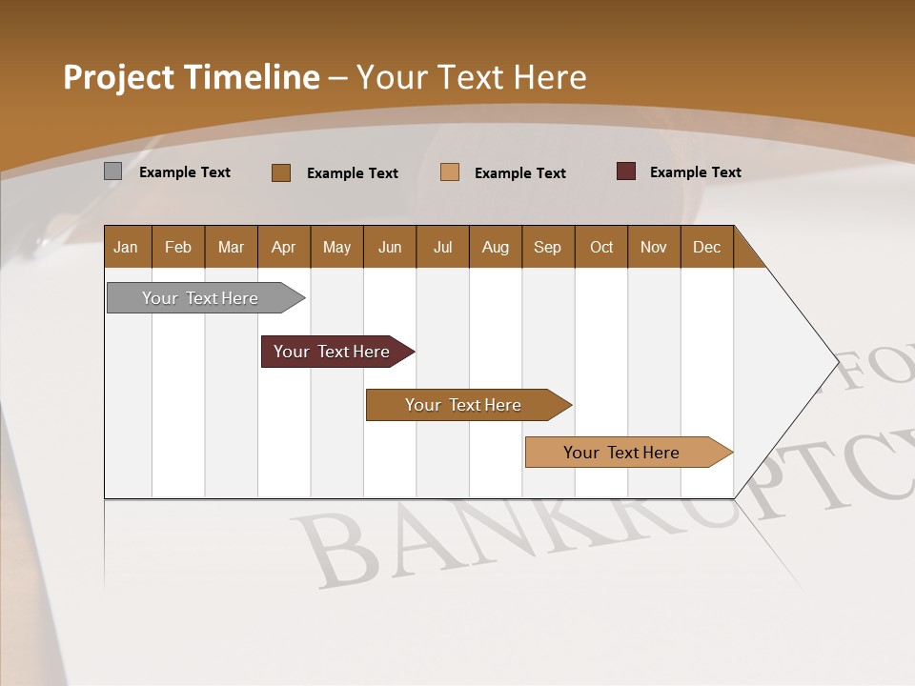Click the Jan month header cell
point(127,247)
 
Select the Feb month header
point(178,247)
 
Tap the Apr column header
point(283,247)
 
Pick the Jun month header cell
point(389,247)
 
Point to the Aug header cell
point(495,247)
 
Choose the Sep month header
point(547,247)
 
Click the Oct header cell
point(600,247)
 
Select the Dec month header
point(706,247)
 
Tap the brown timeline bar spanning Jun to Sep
point(464,405)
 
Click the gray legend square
point(112,171)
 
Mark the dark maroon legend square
point(625,171)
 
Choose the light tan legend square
point(450,172)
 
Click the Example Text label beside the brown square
point(352,173)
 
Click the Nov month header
point(653,247)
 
